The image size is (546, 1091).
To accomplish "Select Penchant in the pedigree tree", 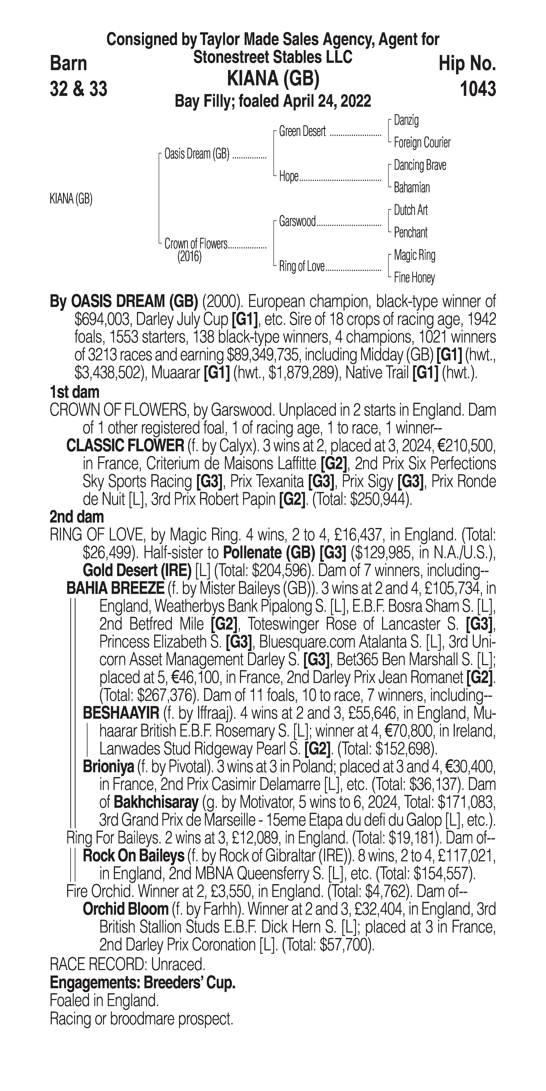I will (411, 232).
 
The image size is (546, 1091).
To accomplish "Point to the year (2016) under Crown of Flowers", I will (189, 257).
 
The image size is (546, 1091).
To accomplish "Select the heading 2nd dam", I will (77, 517).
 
